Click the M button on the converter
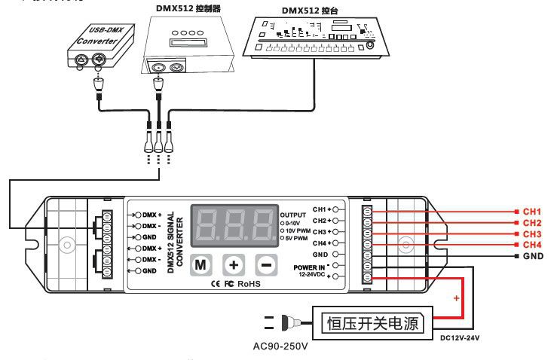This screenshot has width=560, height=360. (x=200, y=265)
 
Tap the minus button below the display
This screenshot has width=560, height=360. (x=266, y=265)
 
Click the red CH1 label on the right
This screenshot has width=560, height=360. (x=532, y=212)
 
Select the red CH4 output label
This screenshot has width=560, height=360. (x=532, y=246)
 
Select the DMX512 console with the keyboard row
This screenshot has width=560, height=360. (x=315, y=37)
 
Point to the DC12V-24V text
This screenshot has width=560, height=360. (x=461, y=339)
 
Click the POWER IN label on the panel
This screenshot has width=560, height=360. (x=310, y=268)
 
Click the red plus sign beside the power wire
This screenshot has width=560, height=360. (x=455, y=299)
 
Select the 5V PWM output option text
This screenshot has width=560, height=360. (x=297, y=238)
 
